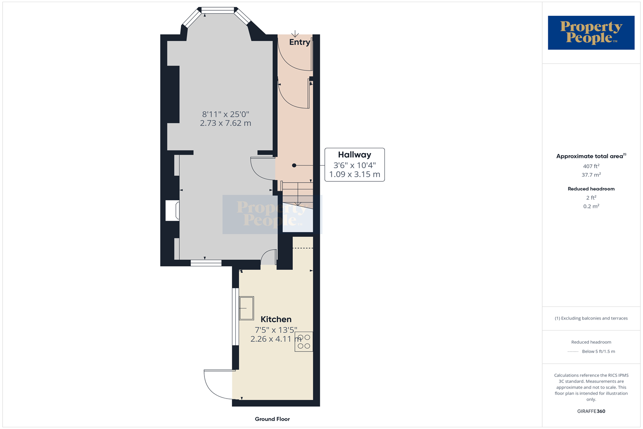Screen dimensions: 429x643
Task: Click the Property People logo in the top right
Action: click(591, 33)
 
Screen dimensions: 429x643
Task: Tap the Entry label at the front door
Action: click(299, 42)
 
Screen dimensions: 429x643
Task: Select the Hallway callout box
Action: click(355, 165)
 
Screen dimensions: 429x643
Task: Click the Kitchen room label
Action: click(276, 319)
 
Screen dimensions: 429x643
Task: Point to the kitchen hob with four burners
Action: click(303, 341)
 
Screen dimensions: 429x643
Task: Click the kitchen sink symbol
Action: click(246, 308)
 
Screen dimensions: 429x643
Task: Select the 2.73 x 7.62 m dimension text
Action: click(225, 123)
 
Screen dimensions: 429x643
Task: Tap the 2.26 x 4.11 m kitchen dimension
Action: click(276, 339)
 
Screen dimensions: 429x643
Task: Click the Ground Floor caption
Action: click(272, 419)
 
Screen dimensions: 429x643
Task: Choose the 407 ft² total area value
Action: click(591, 166)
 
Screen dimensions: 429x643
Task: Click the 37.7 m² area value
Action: click(591, 175)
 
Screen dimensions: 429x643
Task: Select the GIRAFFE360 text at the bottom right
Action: click(591, 411)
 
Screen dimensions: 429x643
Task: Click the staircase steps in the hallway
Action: click(297, 193)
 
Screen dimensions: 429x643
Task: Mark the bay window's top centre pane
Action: click(218, 10)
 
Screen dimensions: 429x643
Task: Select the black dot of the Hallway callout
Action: click(294, 165)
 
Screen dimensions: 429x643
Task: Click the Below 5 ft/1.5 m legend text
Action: click(598, 351)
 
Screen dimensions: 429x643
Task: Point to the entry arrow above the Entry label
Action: click(295, 34)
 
